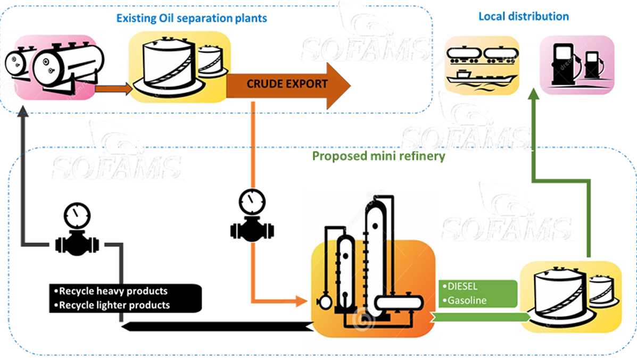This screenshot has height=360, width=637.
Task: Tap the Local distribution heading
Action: coord(524,16)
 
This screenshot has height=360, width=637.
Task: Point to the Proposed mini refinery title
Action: coord(378,156)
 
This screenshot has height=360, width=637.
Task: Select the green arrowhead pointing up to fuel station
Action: coord(534,96)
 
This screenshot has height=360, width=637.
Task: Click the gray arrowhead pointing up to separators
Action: coord(22,112)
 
